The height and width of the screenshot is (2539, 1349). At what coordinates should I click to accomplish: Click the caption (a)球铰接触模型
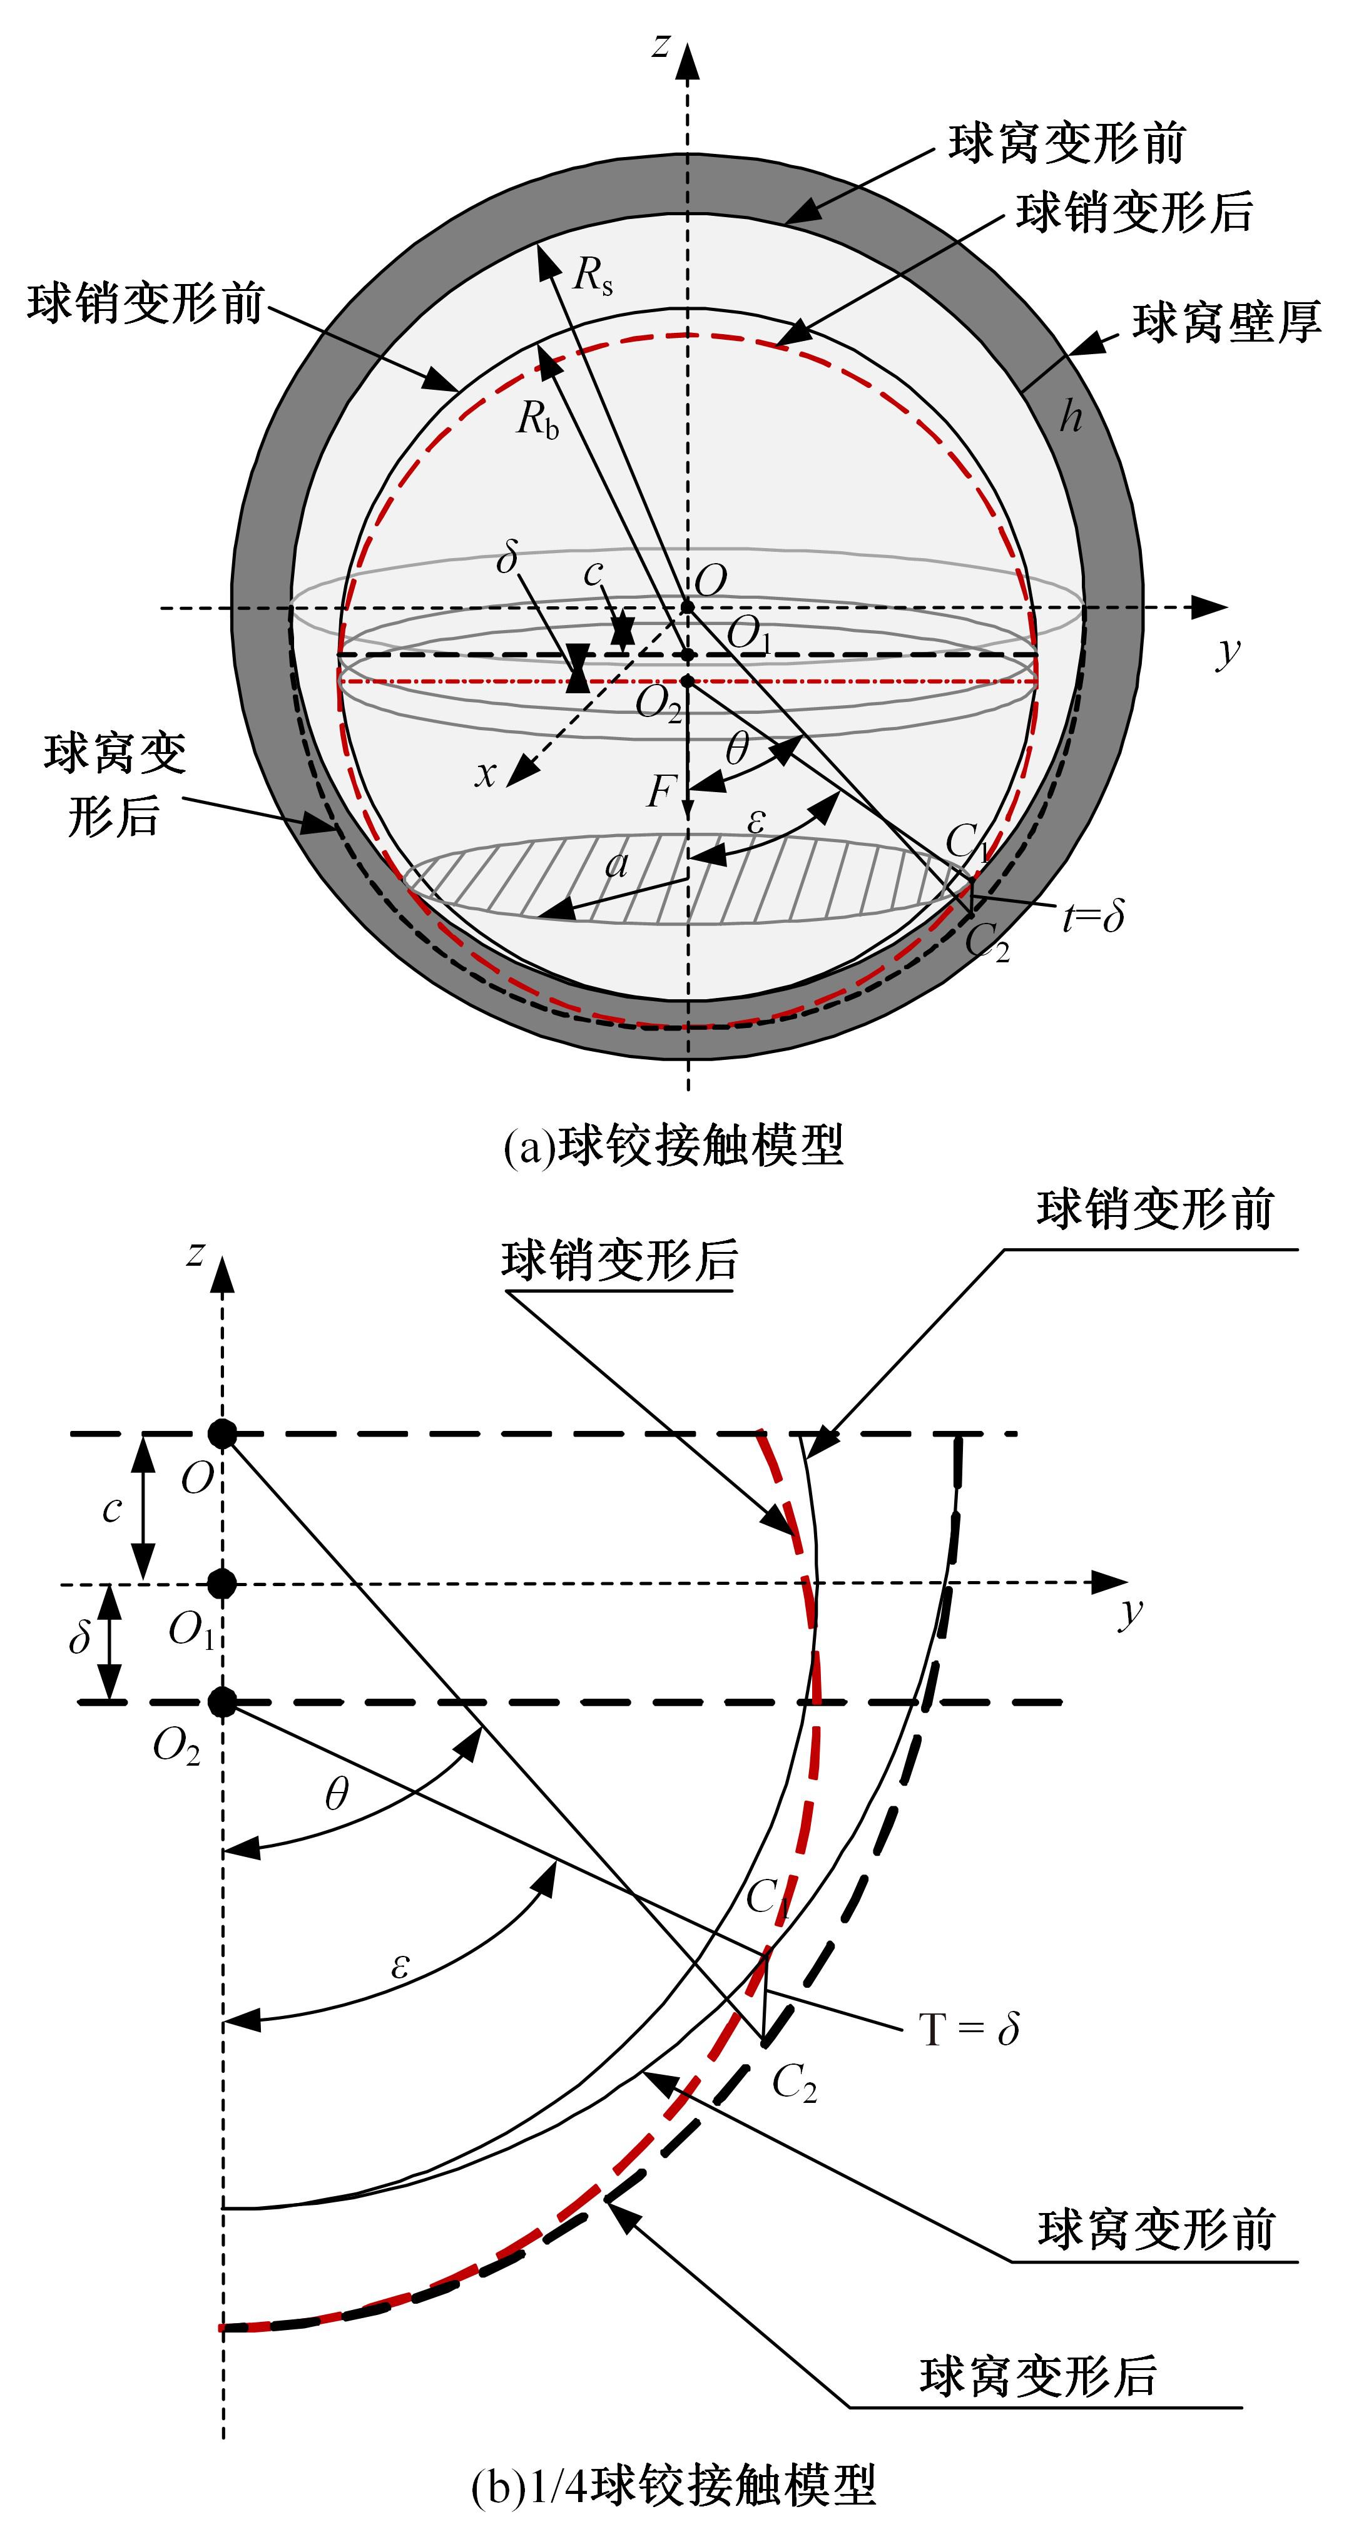pyautogui.click(x=674, y=1146)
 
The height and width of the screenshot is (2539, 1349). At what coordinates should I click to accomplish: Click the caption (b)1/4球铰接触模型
pyautogui.click(x=674, y=2485)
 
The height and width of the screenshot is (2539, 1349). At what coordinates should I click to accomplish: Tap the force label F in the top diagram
pyautogui.click(x=661, y=790)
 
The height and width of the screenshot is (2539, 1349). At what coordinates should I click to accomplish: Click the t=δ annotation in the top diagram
pyautogui.click(x=1094, y=917)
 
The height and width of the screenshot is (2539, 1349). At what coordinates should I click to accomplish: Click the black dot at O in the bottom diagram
pyautogui.click(x=223, y=1434)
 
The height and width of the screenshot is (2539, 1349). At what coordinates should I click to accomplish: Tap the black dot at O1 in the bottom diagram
pyautogui.click(x=223, y=1584)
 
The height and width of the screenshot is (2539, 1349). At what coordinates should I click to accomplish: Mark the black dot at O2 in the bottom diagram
pyautogui.click(x=223, y=1701)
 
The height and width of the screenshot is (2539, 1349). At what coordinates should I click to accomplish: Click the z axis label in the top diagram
pyautogui.click(x=662, y=44)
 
